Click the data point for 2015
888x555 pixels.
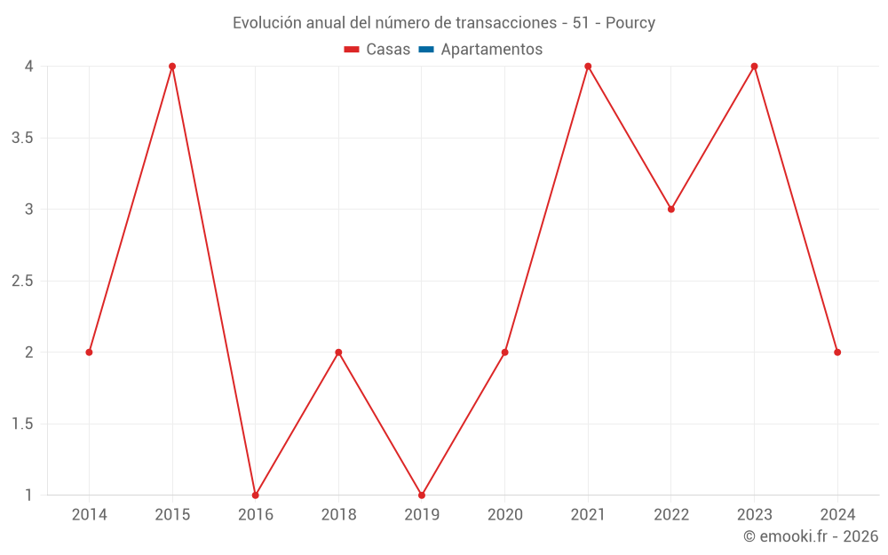(172, 67)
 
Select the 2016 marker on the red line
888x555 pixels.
(255, 495)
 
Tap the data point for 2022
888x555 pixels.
(671, 210)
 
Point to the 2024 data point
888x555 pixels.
(837, 353)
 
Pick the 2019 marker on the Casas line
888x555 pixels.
(422, 495)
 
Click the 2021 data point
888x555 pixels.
(588, 67)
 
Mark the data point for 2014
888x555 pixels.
(89, 353)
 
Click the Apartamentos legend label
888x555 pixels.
(491, 50)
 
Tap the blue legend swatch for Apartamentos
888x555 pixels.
(426, 50)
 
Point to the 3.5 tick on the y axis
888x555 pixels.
(23, 138)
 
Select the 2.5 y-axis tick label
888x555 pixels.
(23, 281)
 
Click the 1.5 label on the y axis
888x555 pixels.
(23, 424)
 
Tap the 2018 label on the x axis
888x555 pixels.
(338, 514)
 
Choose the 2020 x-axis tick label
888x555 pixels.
(504, 514)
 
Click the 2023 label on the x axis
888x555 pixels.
(754, 514)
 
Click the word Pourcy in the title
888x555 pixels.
(630, 23)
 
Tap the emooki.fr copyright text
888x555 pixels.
(811, 536)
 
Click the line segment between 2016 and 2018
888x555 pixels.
(297, 424)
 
